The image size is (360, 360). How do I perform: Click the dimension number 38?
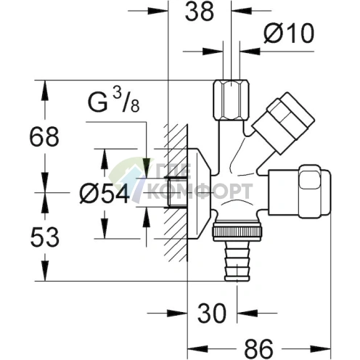(x=200, y=11)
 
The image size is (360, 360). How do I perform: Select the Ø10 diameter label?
(x=289, y=33)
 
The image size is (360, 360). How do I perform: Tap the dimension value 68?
(x=44, y=137)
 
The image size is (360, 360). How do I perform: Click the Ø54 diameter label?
(x=105, y=193)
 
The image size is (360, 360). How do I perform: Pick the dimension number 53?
(x=45, y=237)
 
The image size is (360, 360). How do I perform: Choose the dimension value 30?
(x=212, y=313)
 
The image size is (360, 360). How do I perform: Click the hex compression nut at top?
(x=231, y=100)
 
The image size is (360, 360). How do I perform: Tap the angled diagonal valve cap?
(x=283, y=123)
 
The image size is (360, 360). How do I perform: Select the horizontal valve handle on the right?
(x=300, y=192)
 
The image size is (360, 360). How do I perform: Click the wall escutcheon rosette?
(x=199, y=194)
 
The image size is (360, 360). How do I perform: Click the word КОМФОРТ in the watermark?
(x=200, y=191)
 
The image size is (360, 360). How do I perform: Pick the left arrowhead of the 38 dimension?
(x=157, y=11)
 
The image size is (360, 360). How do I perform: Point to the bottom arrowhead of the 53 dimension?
(x=45, y=271)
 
